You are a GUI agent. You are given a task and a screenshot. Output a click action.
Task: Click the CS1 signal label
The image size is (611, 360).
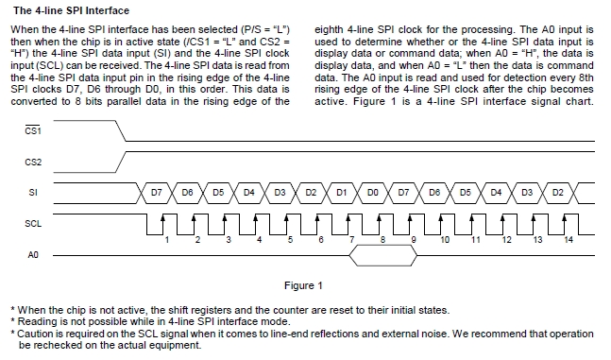tap(33, 130)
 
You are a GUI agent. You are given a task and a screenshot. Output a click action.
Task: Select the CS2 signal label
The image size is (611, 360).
tap(33, 162)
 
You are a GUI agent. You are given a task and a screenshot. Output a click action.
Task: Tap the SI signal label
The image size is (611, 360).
tap(33, 193)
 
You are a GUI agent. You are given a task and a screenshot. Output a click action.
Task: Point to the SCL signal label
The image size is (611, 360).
tap(33, 224)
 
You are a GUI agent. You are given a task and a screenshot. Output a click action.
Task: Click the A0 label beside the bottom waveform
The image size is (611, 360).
tap(33, 255)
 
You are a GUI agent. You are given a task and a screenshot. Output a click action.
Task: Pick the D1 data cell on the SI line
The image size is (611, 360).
tap(341, 193)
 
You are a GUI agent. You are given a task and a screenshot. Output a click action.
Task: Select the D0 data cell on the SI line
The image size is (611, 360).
tap(372, 193)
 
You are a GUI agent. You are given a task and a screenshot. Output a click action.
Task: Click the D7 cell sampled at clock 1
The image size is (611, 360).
tap(156, 193)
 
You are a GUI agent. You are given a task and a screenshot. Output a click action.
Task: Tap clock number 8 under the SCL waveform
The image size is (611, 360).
tap(382, 239)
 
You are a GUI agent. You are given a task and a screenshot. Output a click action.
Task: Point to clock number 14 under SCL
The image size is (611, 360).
tap(569, 239)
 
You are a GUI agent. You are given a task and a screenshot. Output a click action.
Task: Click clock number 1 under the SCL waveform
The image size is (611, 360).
tap(167, 239)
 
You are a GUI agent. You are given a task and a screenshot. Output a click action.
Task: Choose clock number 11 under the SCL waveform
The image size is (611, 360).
tap(476, 239)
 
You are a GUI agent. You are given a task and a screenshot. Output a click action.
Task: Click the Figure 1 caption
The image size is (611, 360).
tap(303, 285)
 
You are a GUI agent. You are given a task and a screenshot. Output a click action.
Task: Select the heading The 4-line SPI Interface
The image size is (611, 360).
tap(72, 10)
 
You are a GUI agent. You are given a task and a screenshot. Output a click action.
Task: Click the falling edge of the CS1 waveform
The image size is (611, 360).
tap(121, 130)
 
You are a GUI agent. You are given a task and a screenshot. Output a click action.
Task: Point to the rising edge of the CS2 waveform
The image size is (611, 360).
tap(121, 162)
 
